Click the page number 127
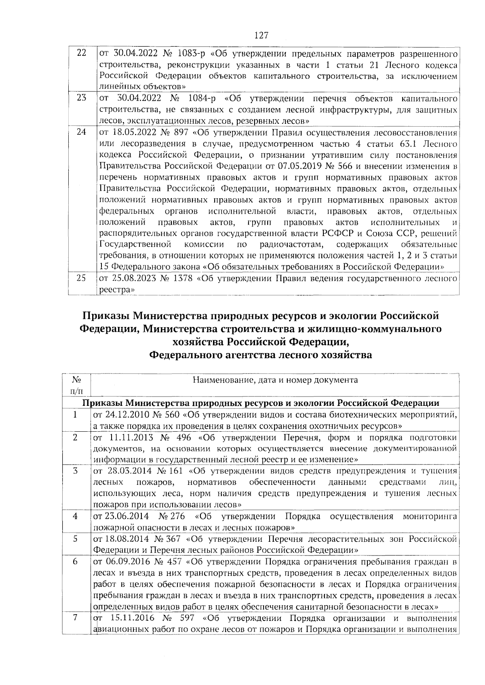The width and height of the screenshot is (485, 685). pyautogui.click(x=261, y=36)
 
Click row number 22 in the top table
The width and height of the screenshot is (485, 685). pyautogui.click(x=82, y=54)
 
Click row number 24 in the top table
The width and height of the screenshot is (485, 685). pyautogui.click(x=82, y=132)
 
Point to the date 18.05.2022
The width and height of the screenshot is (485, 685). pyautogui.click(x=129, y=132)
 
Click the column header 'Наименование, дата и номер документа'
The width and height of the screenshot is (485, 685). pyautogui.click(x=275, y=380)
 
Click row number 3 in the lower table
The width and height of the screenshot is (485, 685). pyautogui.click(x=76, y=471)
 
